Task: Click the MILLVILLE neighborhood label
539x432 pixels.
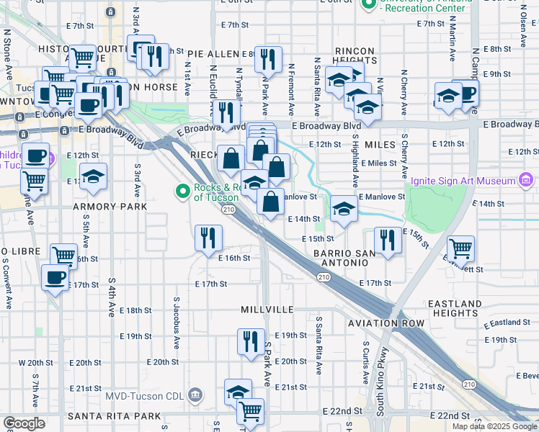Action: (267, 309)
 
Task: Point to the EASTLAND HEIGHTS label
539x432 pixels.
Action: (455, 309)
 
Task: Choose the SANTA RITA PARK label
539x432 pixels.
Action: (114, 416)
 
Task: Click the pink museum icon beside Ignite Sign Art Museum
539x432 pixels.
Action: (525, 179)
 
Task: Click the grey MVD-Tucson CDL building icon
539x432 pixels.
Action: (195, 394)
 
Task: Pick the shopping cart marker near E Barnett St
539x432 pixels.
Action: (460, 250)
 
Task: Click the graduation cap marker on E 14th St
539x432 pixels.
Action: (344, 210)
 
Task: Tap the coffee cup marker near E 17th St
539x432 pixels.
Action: (55, 277)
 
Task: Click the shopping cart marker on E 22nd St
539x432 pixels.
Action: (250, 413)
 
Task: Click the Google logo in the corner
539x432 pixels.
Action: (24, 423)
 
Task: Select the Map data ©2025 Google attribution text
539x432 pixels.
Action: (495, 426)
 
